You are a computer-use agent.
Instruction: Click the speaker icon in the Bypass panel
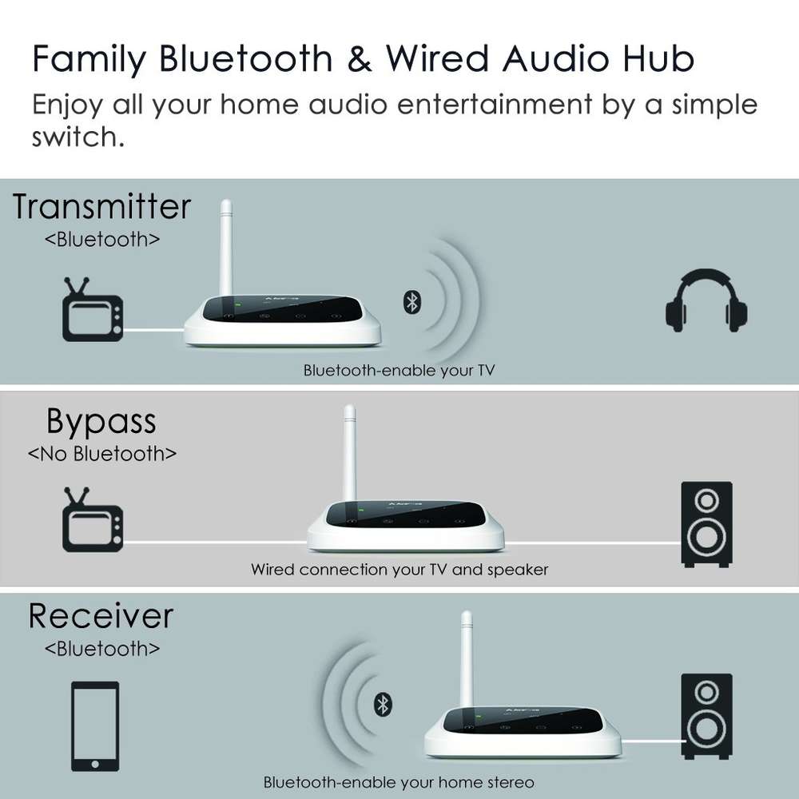click(x=706, y=523)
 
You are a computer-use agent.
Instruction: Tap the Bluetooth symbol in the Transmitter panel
click(x=412, y=301)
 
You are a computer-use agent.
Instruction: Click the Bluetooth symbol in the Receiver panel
click(x=384, y=704)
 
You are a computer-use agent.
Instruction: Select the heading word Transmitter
click(x=101, y=207)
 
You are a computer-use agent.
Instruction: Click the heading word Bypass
click(x=101, y=421)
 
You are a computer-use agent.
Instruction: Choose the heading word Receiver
click(x=101, y=616)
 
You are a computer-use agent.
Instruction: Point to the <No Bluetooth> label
click(x=101, y=454)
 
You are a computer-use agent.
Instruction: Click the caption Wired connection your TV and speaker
click(x=399, y=570)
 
